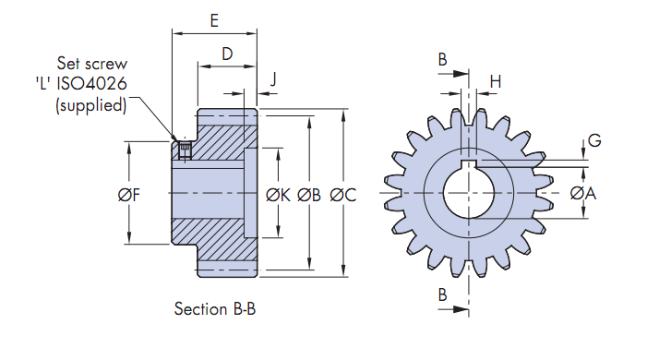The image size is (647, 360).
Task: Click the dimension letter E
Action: click(214, 20)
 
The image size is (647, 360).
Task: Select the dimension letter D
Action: click(227, 54)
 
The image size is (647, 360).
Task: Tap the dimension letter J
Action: click(273, 78)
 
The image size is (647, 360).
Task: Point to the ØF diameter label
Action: click(129, 195)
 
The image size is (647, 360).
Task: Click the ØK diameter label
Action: click(278, 195)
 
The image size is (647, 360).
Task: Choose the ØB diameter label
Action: click(309, 195)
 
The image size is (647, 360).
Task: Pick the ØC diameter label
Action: click(343, 195)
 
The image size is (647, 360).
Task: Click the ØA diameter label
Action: click(583, 193)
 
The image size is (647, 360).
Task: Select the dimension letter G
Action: click(594, 140)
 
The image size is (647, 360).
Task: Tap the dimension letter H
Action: click(496, 82)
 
